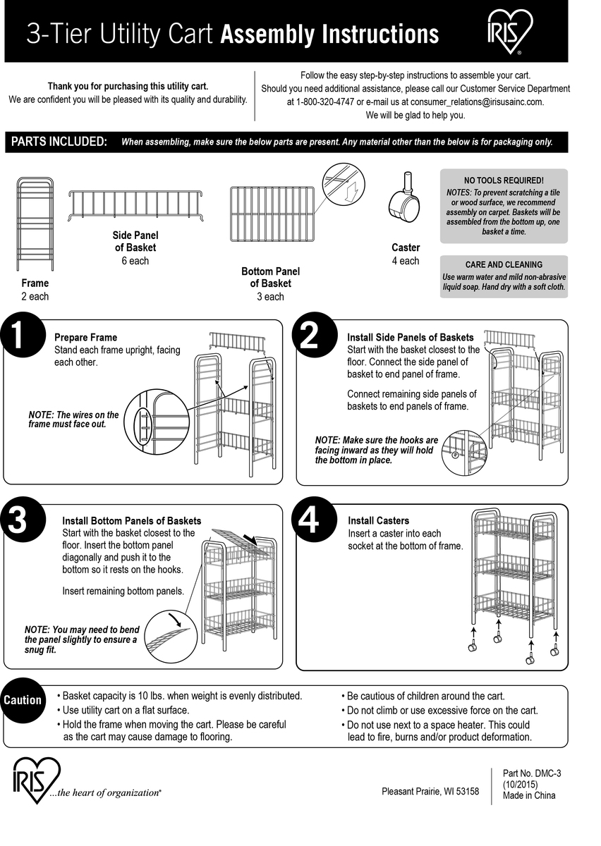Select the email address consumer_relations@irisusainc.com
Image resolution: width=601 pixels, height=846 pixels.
[473, 102]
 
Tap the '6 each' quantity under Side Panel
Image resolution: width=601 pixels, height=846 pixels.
[135, 261]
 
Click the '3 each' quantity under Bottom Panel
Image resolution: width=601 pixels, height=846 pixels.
[270, 297]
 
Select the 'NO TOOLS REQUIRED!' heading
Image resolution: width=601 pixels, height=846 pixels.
[504, 180]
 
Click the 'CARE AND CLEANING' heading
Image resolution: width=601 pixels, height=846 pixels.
[504, 264]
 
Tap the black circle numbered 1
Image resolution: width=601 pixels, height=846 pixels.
[19, 335]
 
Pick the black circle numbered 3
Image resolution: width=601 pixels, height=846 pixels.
[18, 520]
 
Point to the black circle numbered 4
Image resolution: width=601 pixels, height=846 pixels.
[309, 521]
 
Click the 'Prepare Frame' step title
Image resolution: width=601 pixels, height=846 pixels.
[85, 338]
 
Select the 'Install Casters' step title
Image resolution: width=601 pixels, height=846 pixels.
[378, 521]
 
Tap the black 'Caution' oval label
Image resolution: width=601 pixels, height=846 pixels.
[23, 700]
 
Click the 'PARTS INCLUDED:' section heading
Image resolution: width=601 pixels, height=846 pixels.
[59, 142]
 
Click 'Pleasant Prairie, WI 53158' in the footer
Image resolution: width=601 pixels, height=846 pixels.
[430, 792]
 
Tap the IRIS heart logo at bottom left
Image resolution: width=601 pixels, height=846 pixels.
[37, 780]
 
